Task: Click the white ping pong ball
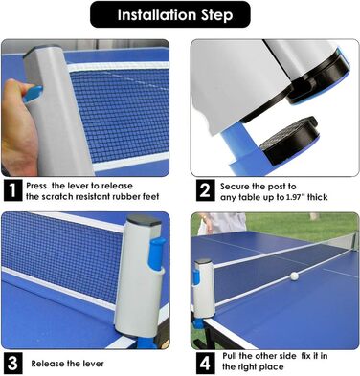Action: coord(294,276)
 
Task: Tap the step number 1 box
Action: coord(12,190)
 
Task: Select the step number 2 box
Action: coord(205,190)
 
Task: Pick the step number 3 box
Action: coord(12,363)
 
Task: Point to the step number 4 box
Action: coord(205,363)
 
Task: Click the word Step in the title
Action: coord(216,15)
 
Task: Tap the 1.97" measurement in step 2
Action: coord(295,197)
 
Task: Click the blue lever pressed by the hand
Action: coord(33,94)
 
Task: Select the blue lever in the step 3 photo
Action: coord(155,254)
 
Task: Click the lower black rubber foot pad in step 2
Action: coord(289,140)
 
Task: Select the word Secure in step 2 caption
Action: coord(235,186)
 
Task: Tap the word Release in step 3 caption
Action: coord(48,364)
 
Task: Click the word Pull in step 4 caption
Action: coord(229,356)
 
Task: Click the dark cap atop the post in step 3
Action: coord(145,221)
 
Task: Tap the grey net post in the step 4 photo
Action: coord(205,289)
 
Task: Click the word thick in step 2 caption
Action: coord(317,197)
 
